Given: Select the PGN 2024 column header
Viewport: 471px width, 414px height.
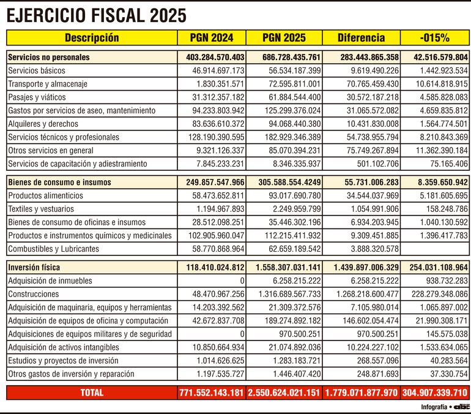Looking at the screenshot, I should (x=212, y=38).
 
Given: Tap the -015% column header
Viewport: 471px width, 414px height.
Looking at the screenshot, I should (x=435, y=38).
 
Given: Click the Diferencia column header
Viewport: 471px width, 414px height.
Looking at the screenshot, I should (x=361, y=38).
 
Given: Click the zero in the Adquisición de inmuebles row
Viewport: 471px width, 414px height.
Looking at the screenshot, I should (x=242, y=281).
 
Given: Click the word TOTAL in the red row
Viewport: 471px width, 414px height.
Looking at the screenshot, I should (x=92, y=393).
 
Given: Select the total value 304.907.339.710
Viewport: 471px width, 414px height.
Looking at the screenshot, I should (x=435, y=393).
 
